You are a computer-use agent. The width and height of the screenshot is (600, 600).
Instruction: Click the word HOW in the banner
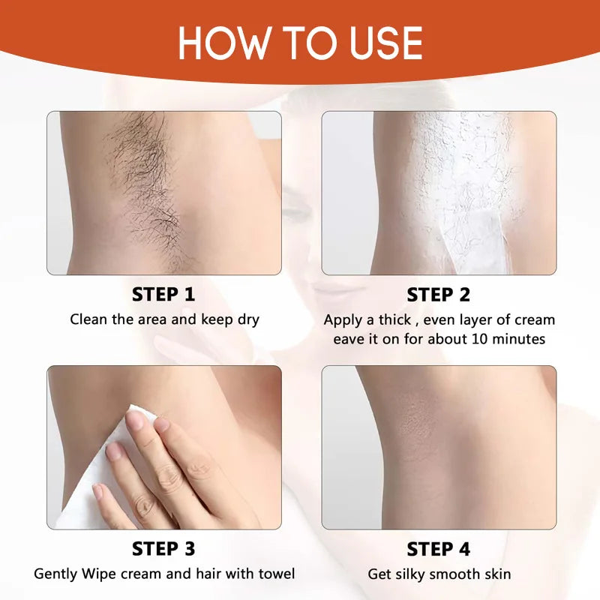click(x=223, y=43)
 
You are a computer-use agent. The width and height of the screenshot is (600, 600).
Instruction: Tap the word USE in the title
click(x=385, y=43)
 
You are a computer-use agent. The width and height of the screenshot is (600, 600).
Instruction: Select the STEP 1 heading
click(x=163, y=294)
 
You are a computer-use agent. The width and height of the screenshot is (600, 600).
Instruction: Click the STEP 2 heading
click(x=438, y=295)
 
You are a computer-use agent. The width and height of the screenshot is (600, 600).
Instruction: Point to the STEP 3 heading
click(x=163, y=549)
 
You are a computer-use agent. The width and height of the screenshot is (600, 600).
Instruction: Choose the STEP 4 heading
click(x=438, y=549)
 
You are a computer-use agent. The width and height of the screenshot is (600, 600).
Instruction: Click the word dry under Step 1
click(x=248, y=320)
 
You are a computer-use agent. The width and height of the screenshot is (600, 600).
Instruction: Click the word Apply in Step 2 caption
click(x=343, y=320)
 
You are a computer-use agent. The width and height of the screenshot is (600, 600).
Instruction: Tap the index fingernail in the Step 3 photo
click(x=135, y=420)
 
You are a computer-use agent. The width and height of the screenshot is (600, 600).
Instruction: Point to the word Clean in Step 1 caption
click(x=88, y=319)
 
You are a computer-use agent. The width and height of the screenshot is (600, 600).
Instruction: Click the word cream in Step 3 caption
click(x=143, y=574)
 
